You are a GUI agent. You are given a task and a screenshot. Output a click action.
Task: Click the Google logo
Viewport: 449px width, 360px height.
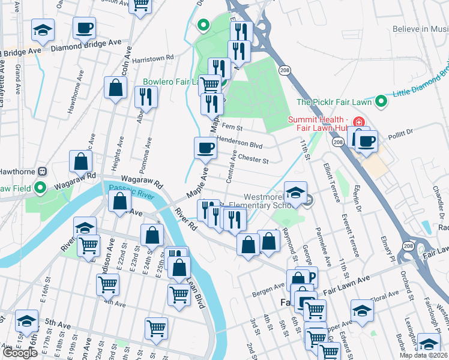20,353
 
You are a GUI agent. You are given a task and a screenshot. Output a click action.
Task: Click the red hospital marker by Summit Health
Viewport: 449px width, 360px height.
358,121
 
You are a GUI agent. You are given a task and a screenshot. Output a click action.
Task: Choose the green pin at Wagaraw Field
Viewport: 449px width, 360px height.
40,188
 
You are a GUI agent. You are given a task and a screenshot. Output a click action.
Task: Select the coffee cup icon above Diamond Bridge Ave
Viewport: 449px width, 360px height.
84,27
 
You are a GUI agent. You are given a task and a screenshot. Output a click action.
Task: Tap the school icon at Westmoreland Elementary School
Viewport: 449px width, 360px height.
295,191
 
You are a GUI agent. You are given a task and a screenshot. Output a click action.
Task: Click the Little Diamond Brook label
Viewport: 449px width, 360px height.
420,79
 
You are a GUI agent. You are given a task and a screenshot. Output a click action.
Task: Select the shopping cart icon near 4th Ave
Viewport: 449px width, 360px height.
107,284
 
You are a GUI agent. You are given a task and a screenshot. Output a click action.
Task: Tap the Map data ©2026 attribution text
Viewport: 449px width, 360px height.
423,355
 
